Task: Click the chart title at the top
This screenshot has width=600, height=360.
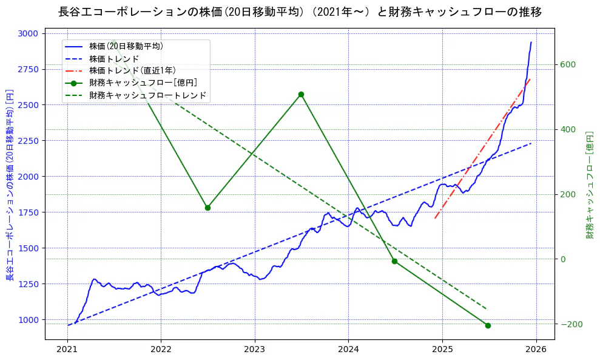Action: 300,12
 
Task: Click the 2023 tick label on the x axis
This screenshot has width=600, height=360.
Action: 254,350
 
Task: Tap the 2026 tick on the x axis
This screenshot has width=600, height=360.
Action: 536,350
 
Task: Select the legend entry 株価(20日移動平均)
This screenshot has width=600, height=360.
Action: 126,46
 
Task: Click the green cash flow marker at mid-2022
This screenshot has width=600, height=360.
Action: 207,208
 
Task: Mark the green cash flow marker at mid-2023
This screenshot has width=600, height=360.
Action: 301,94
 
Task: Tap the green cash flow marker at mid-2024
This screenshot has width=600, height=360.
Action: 394,261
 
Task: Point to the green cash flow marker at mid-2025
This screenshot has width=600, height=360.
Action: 488,325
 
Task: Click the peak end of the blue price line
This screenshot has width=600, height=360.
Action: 531,42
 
